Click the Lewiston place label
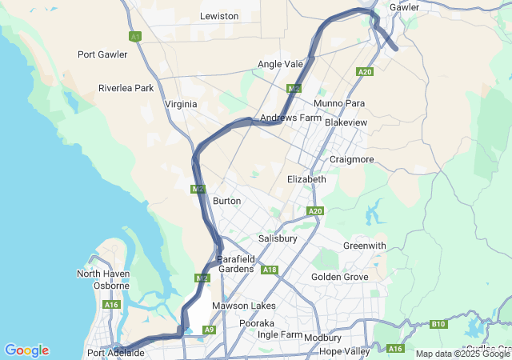pyautogui.click(x=219, y=16)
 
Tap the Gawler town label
pyautogui.click(x=404, y=7)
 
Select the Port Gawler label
pyautogui.click(x=102, y=54)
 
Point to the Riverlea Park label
pyautogui.click(x=126, y=88)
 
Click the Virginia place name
pyautogui.click(x=181, y=105)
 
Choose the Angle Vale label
pyautogui.click(x=281, y=64)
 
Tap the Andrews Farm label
pyautogui.click(x=290, y=118)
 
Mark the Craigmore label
pyautogui.click(x=352, y=159)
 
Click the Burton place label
pyautogui.click(x=227, y=201)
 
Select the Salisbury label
pyautogui.click(x=278, y=239)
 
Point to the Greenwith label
pyautogui.click(x=364, y=246)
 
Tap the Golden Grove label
pyautogui.click(x=340, y=277)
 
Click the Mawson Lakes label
pyautogui.click(x=244, y=306)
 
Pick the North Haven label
pyautogui.click(x=103, y=274)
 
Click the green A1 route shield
pyautogui.click(x=134, y=37)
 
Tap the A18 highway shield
pyautogui.click(x=270, y=270)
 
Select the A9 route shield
pyautogui.click(x=209, y=330)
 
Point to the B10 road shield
pyautogui.click(x=438, y=324)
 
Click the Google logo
pyautogui.click(x=26, y=350)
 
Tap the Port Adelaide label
pyautogui.click(x=116, y=353)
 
